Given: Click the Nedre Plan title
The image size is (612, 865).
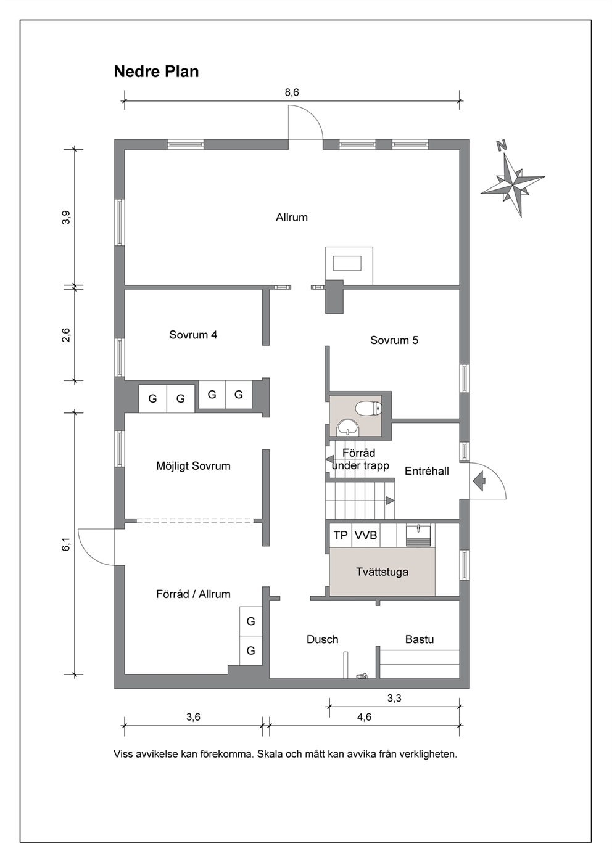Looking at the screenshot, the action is click(156, 72).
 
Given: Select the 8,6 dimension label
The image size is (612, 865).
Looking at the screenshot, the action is click(292, 92).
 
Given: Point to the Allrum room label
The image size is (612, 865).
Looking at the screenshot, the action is click(292, 218).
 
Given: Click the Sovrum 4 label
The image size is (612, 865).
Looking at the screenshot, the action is click(193, 334).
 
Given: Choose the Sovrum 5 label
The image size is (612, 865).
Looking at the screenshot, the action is click(394, 340).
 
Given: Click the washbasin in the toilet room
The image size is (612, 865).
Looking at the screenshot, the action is click(348, 427).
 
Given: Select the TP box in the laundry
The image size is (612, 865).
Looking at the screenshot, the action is click(341, 535).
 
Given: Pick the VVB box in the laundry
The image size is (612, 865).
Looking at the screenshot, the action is click(366, 535).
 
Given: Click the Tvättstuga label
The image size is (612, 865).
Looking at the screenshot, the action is click(382, 572).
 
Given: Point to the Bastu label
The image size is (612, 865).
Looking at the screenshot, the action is click(419, 639).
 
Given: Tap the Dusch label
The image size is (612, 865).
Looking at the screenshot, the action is click(323, 639).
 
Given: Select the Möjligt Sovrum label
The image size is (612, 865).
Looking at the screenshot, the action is click(193, 466).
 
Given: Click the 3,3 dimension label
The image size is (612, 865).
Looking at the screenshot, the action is click(394, 698).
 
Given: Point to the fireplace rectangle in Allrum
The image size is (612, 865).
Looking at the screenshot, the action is click(347, 263).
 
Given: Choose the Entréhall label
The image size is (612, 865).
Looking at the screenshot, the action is click(427, 471).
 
